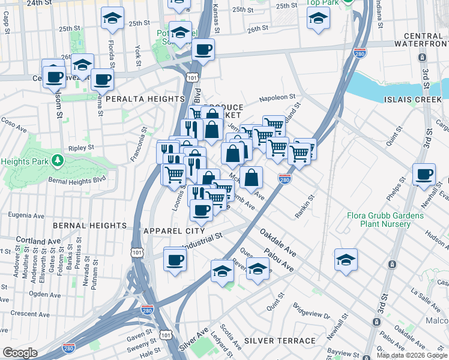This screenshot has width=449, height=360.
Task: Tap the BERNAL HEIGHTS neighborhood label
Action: click(x=90, y=226)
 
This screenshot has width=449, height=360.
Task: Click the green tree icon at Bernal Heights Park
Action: click(x=57, y=160)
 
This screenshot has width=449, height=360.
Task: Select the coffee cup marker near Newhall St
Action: click(x=424, y=175)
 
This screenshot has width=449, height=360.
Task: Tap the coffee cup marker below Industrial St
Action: click(x=175, y=260)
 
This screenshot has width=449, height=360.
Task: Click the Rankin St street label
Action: click(x=305, y=205)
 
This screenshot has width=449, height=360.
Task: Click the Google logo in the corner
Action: click(x=19, y=353)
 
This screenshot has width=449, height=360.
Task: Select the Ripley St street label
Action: click(x=82, y=147)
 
